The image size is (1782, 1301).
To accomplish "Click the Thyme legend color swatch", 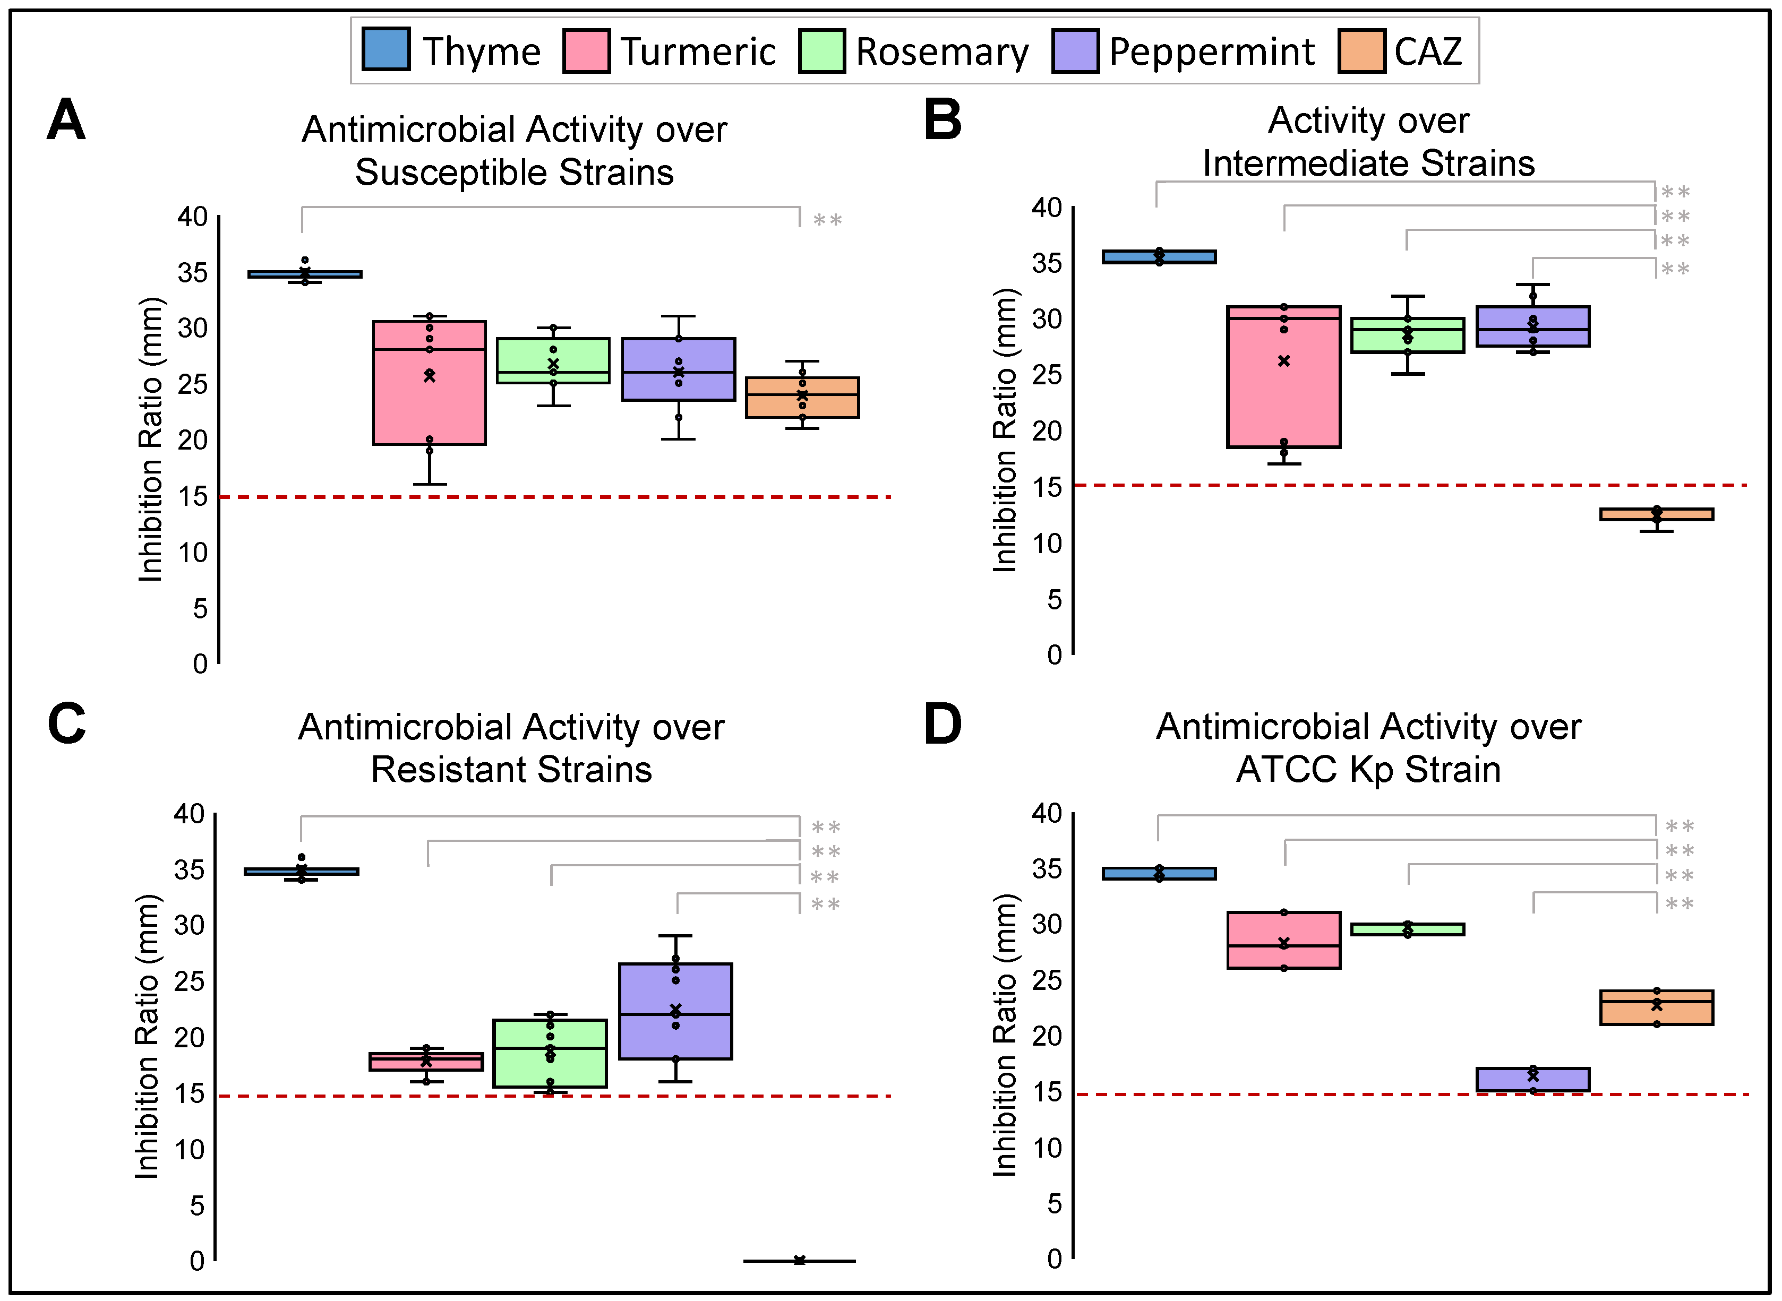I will pyautogui.click(x=385, y=49).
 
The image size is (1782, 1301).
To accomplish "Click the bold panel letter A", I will pyautogui.click(x=66, y=120).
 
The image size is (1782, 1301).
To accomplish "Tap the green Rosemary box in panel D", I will pyautogui.click(x=1408, y=929).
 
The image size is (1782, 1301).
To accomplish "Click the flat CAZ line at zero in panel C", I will pyautogui.click(x=799, y=1261).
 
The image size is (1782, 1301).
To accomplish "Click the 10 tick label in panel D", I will pyautogui.click(x=1047, y=1148).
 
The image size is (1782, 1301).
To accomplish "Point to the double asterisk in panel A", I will pyautogui.click(x=827, y=220).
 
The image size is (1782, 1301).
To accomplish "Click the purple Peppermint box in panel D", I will pyautogui.click(x=1532, y=1080).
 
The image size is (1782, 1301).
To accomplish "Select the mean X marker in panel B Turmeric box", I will pyautogui.click(x=1284, y=361).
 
